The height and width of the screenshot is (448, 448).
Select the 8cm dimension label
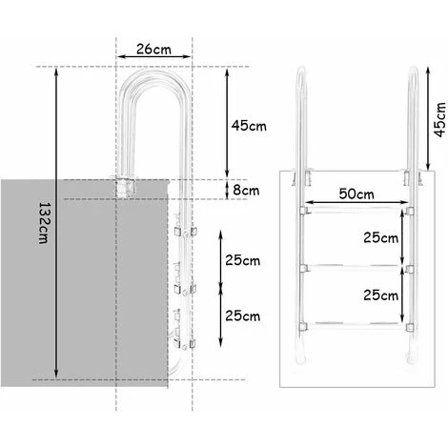pyautogui.click(x=245, y=190)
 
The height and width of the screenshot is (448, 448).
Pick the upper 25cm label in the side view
pyautogui.click(x=244, y=259)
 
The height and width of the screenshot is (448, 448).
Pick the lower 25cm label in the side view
pyautogui.click(x=244, y=316)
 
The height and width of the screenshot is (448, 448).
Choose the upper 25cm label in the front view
pyautogui.click(x=381, y=235)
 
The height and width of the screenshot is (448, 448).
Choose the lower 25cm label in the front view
pyautogui.click(x=381, y=296)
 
